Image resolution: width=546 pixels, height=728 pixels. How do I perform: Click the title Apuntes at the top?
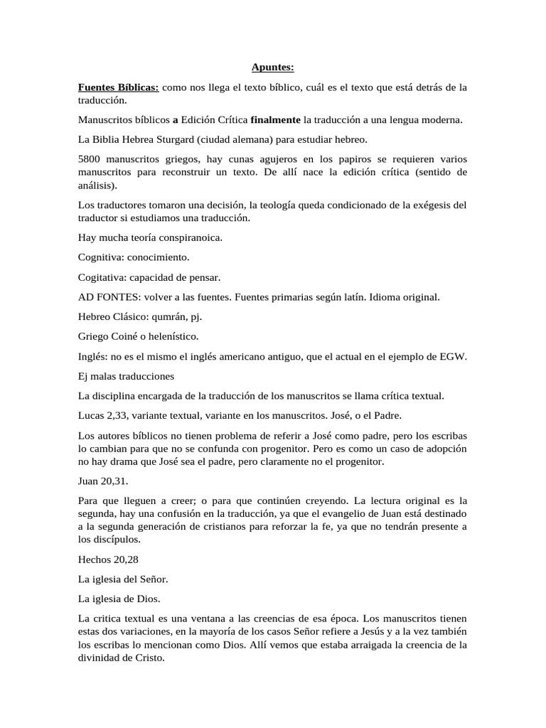click(272, 68)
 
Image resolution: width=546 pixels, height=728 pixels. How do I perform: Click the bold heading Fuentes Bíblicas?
click(119, 87)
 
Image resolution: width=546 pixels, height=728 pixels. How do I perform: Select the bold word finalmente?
click(276, 119)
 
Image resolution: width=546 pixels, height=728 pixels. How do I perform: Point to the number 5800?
click(90, 159)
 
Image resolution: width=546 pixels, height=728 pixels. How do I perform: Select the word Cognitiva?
click(100, 257)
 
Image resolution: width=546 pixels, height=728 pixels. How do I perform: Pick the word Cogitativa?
click(102, 277)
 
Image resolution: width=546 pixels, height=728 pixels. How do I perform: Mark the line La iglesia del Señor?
click(122, 579)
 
